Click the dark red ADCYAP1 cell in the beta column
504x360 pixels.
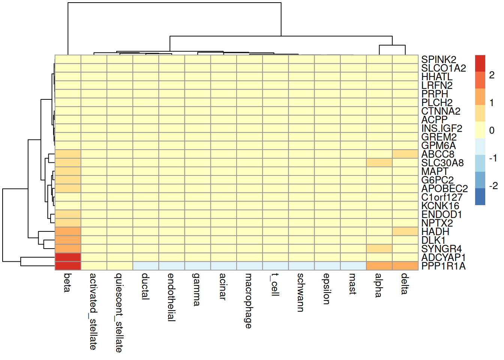point(68,257)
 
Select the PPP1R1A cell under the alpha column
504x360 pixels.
point(379,266)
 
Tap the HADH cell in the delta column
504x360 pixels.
point(405,231)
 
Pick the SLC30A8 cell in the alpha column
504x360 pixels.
point(379,163)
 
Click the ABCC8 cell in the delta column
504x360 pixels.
point(405,154)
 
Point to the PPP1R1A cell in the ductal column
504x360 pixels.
point(146,266)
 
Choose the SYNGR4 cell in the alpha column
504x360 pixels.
point(379,249)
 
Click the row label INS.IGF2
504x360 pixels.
point(442,129)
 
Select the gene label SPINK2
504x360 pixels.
point(439,60)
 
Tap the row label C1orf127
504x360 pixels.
point(442,197)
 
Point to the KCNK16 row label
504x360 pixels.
point(440,206)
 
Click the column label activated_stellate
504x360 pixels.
point(93,312)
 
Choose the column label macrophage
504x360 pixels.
point(248,301)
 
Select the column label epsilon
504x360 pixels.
point(326,289)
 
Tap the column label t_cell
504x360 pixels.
point(274,284)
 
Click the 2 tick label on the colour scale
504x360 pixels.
point(492,75)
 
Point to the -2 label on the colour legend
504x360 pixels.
point(493,186)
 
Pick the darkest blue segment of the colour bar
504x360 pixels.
point(480,196)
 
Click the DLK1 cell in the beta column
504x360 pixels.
point(68,240)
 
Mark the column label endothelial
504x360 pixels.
point(171,297)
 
